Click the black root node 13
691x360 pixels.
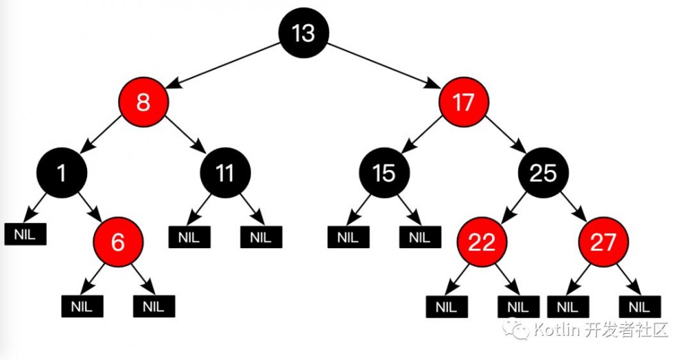(303, 33)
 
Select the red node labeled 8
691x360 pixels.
(143, 103)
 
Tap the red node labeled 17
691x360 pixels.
(464, 103)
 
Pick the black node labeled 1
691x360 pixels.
(63, 173)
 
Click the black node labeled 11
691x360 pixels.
(225, 173)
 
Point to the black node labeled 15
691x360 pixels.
(384, 173)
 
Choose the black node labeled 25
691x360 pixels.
(542, 173)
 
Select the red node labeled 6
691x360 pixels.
(118, 243)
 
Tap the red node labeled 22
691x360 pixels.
(481, 243)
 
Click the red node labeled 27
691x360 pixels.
(603, 243)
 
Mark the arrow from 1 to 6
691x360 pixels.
(91, 207)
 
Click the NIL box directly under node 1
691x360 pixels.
(26, 234)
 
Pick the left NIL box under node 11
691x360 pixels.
(189, 238)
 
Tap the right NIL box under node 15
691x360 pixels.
(419, 238)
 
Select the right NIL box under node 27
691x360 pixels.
(640, 306)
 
